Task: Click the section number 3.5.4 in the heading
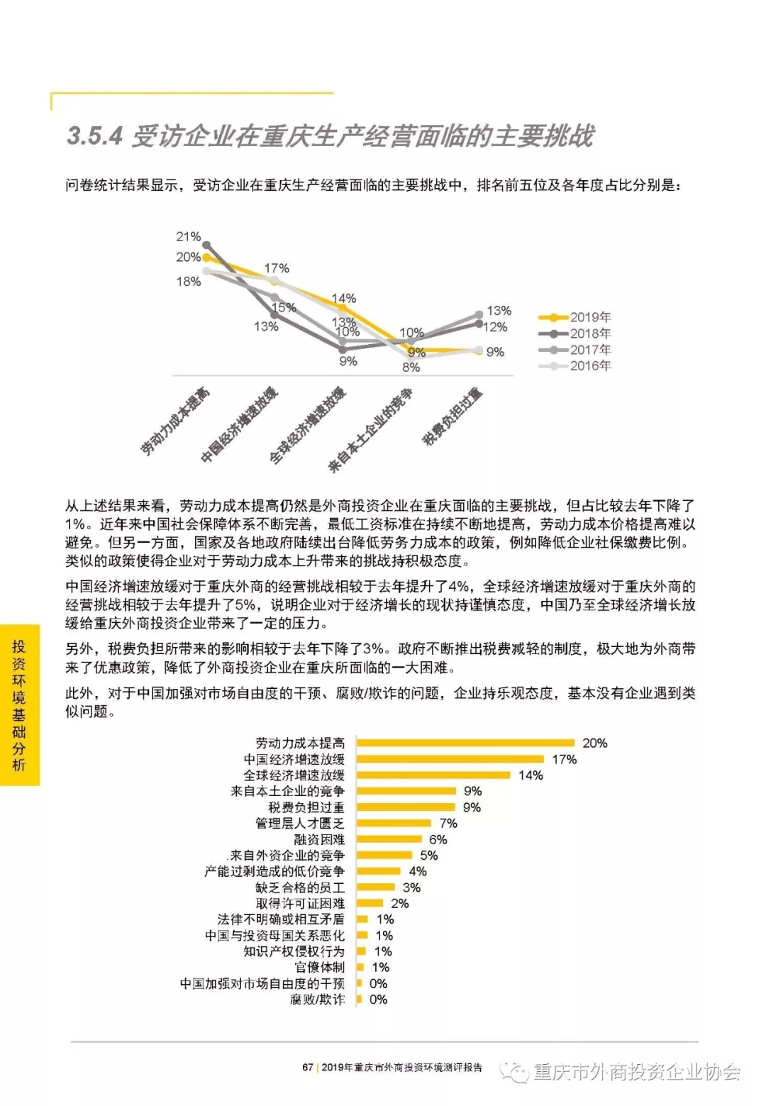(94, 136)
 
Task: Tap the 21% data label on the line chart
(189, 236)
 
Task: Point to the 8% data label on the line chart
(411, 367)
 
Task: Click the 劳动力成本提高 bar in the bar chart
(465, 743)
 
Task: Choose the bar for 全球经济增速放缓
(433, 775)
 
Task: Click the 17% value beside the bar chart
(564, 759)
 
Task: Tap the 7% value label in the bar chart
(448, 823)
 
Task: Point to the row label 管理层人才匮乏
(299, 823)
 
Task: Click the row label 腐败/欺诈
(317, 1000)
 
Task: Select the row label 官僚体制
(319, 967)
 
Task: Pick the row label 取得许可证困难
(300, 903)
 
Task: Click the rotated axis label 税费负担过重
(452, 417)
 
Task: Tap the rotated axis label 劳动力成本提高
(175, 422)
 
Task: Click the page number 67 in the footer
(307, 1067)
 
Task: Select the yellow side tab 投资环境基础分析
(19, 705)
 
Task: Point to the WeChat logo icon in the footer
(514, 1071)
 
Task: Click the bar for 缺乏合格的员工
(375, 887)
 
